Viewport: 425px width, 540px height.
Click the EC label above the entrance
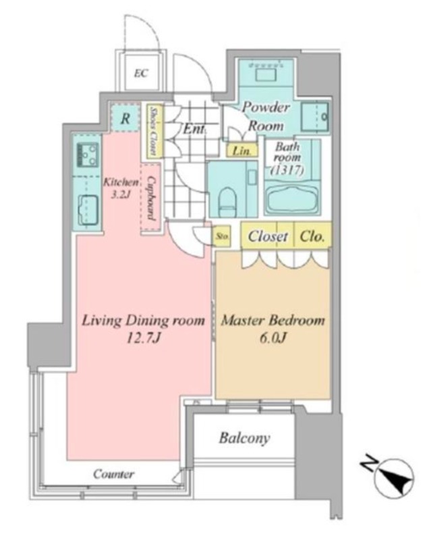[x=141, y=73]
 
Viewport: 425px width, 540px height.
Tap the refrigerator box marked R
[x=125, y=117]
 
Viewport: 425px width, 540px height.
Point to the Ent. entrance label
[x=194, y=129]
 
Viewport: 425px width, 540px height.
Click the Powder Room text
[x=266, y=116]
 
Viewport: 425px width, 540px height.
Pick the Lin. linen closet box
[x=242, y=151]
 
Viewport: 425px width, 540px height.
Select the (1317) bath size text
[x=287, y=169]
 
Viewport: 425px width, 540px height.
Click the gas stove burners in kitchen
[x=88, y=155]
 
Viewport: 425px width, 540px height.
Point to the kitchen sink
[x=88, y=209]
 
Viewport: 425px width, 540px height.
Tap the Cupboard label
[x=150, y=198]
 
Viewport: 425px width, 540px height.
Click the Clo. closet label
[x=312, y=236]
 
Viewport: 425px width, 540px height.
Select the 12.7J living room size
[x=143, y=339]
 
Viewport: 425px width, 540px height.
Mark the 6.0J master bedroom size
[x=273, y=338]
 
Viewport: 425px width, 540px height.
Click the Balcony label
[x=244, y=438]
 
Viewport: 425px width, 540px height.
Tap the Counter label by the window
[x=113, y=475]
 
